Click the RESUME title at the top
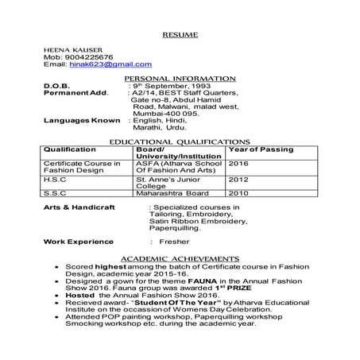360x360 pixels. (x=180, y=36)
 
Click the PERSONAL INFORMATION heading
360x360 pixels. (x=180, y=78)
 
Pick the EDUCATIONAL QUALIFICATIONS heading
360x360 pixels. (x=180, y=141)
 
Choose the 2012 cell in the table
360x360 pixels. (x=239, y=179)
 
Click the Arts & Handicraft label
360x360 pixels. (x=79, y=206)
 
